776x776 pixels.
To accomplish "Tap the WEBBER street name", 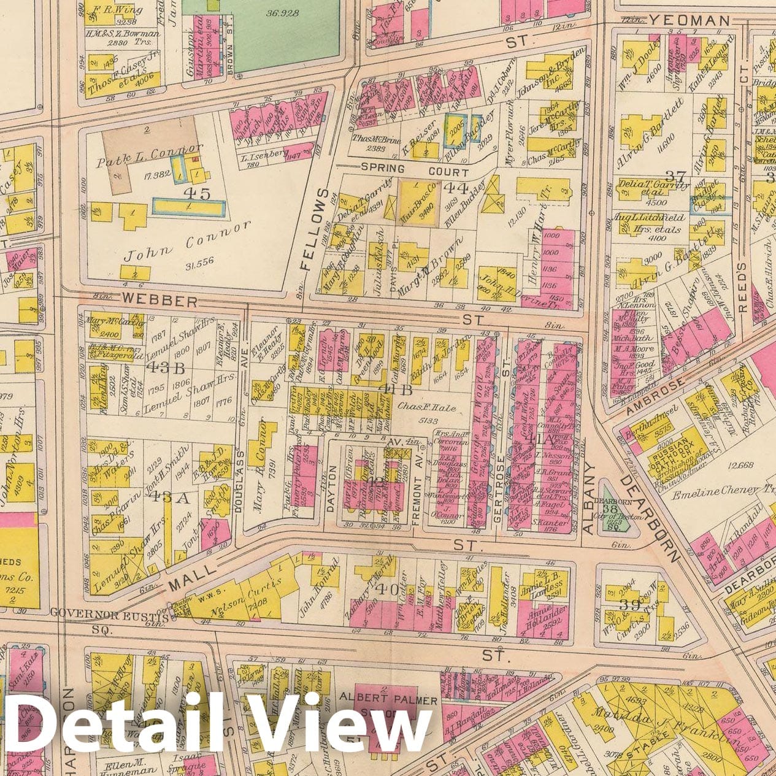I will click(x=159, y=301).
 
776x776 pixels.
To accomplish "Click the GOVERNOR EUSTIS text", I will click(x=110, y=613).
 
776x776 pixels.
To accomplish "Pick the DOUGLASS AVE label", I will click(x=240, y=466).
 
